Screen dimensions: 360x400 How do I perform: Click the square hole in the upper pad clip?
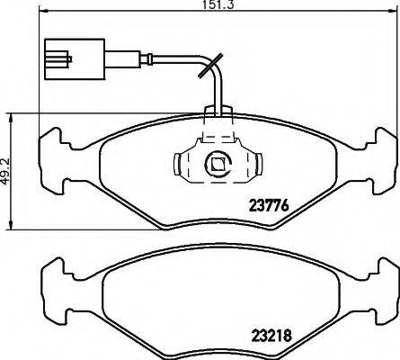[217, 165]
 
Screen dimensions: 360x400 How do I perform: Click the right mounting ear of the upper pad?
[381, 144]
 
